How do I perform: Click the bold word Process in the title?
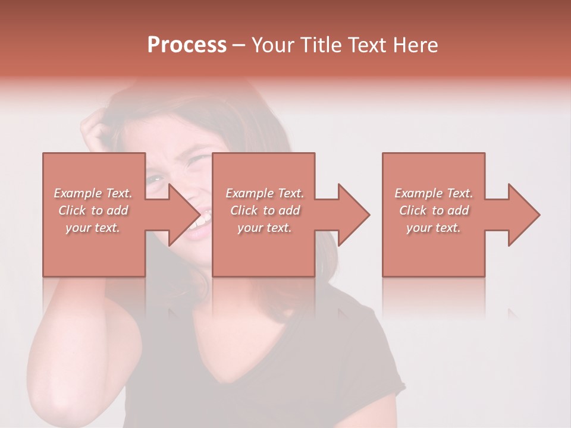click(187, 45)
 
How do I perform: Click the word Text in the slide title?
click(365, 45)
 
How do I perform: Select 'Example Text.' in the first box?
click(93, 193)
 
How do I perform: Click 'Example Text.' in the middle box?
click(265, 193)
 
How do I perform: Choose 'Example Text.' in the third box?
click(434, 193)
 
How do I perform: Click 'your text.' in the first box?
click(93, 228)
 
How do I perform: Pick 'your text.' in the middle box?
click(265, 228)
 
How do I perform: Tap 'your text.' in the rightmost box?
click(434, 228)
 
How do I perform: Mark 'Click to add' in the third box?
click(434, 210)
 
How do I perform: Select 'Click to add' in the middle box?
click(265, 210)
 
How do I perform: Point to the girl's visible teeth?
click(201, 221)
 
